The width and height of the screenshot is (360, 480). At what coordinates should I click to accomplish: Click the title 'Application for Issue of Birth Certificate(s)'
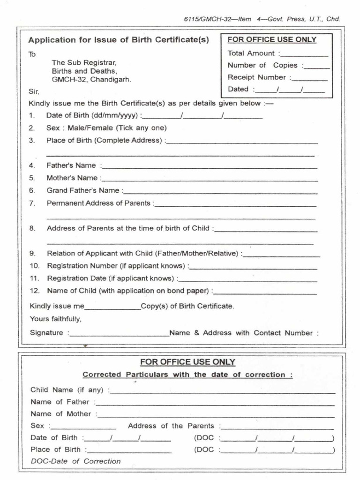point(119,39)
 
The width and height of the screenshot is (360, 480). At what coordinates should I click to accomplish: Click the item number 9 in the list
point(32,254)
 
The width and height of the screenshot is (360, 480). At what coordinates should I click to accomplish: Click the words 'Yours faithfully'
point(56,319)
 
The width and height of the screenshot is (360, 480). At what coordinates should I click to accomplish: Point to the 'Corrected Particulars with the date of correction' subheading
point(187,375)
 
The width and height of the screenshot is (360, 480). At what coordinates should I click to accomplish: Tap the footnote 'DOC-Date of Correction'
point(75,461)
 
